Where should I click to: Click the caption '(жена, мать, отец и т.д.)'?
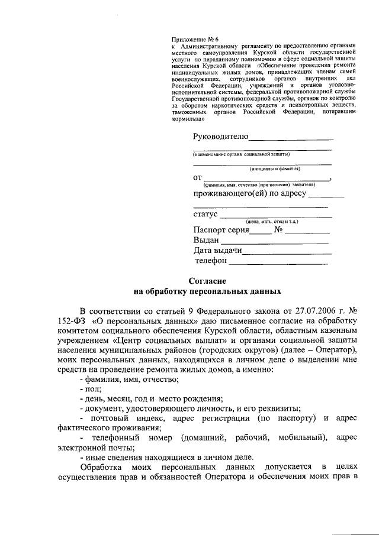pos(272,221)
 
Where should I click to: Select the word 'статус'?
pos(205,213)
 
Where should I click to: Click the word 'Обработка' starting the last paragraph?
pos(99,467)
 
